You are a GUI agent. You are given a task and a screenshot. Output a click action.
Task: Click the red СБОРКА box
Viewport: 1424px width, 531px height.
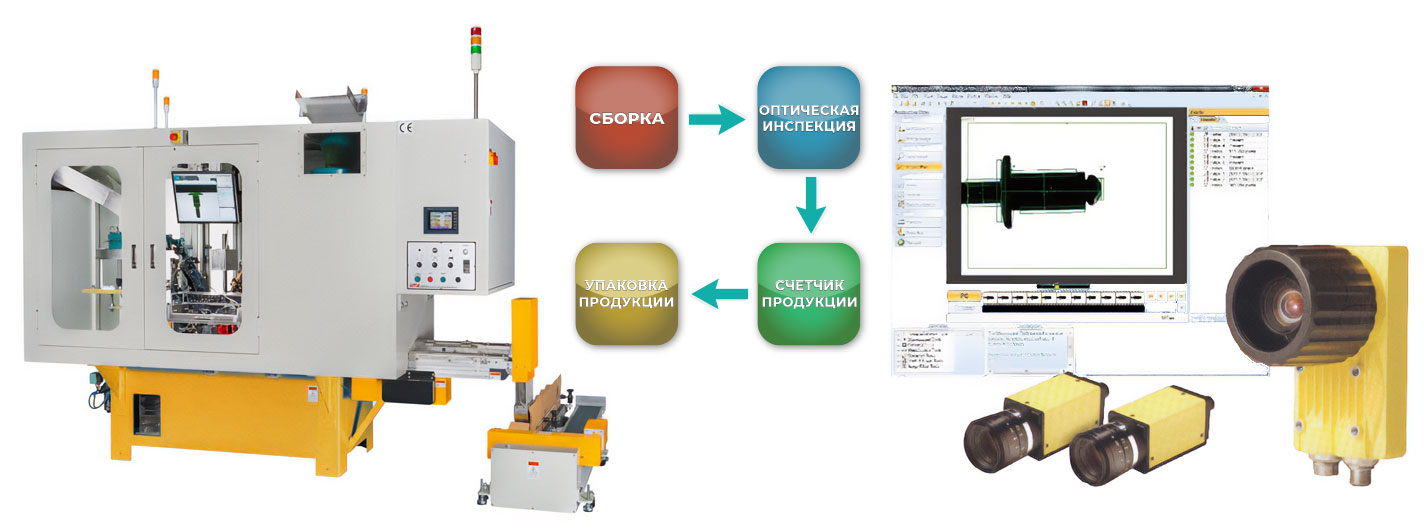tap(627, 117)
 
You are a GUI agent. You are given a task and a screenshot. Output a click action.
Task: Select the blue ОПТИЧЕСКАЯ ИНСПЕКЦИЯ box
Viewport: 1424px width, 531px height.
tap(808, 117)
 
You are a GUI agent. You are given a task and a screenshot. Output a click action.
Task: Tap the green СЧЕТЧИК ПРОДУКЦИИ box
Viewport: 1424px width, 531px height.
tap(808, 294)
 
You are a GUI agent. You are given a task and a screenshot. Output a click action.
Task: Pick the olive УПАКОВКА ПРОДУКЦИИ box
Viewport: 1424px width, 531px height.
tap(627, 294)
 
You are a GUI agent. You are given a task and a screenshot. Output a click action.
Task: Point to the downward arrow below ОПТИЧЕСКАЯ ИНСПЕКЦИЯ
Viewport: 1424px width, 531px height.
tap(809, 204)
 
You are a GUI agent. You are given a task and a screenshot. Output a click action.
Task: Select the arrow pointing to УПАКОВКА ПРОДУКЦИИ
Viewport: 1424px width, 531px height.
tap(720, 294)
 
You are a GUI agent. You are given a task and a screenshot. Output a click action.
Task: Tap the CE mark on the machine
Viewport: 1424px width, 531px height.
tap(406, 127)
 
